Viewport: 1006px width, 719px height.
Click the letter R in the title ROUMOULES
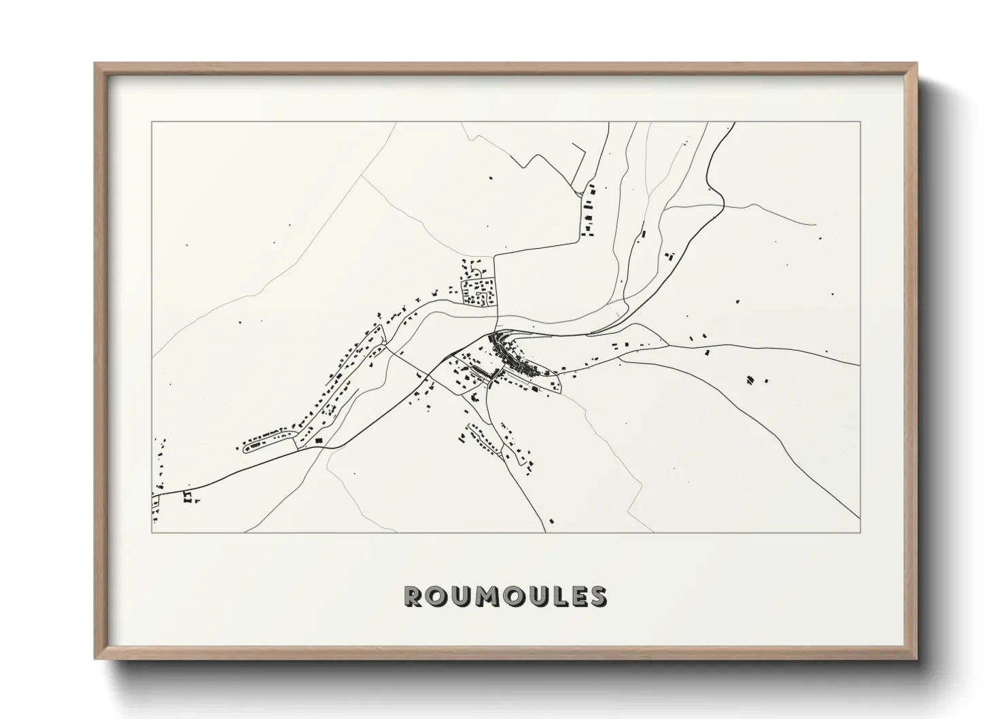pyautogui.click(x=414, y=597)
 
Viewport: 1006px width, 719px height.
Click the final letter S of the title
pyautogui.click(x=597, y=597)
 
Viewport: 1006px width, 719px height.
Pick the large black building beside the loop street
pyautogui.click(x=318, y=442)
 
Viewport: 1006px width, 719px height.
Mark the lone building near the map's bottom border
pyautogui.click(x=551, y=521)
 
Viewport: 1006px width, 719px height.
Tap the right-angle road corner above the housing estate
pyautogui.click(x=496, y=256)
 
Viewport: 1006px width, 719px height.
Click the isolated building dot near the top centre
pyautogui.click(x=491, y=178)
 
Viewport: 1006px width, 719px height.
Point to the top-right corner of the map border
pyautogui.click(x=861, y=122)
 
